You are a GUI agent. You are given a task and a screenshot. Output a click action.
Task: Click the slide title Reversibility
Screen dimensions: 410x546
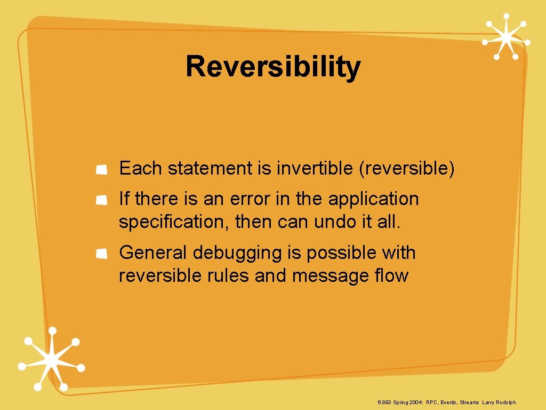pyautogui.click(x=273, y=68)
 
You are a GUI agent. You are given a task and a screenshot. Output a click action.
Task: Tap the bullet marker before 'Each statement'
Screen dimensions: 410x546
pyautogui.click(x=101, y=169)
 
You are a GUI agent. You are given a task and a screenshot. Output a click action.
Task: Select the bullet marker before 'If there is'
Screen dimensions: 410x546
pyautogui.click(x=101, y=200)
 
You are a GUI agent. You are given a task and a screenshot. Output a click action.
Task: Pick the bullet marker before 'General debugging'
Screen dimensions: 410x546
pyautogui.click(x=101, y=254)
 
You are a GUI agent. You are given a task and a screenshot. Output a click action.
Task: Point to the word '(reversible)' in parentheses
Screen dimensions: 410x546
pyautogui.click(x=407, y=169)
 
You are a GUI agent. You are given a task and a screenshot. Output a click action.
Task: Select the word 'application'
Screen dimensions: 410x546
pyautogui.click(x=373, y=199)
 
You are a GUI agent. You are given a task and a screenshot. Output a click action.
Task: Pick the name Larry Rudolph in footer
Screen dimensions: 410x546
pyautogui.click(x=499, y=402)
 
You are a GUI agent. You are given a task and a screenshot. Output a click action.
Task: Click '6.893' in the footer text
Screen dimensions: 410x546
pyautogui.click(x=384, y=402)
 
